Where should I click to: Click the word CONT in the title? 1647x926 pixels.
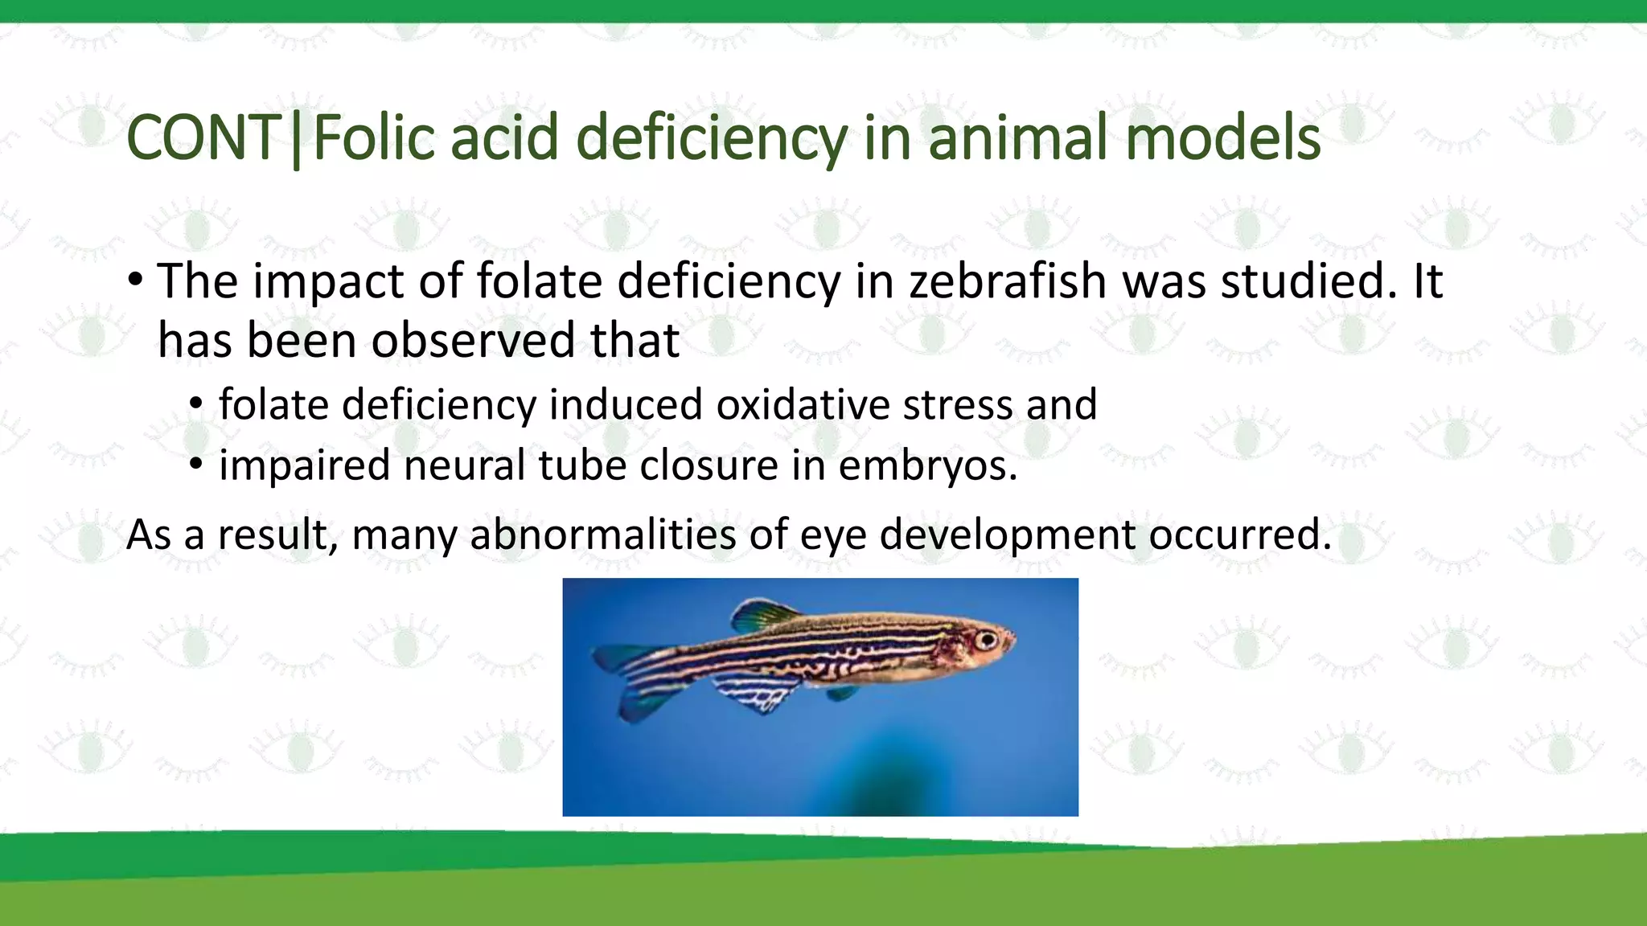click(203, 138)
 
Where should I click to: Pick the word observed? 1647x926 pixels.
click(473, 340)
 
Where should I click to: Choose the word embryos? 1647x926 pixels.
click(928, 466)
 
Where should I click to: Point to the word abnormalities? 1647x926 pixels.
click(602, 535)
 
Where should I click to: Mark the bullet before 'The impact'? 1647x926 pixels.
click(135, 281)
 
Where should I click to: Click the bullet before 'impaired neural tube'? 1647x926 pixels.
click(196, 464)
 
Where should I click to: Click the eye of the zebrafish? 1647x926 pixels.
click(986, 641)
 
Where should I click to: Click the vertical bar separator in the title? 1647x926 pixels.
click(297, 140)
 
